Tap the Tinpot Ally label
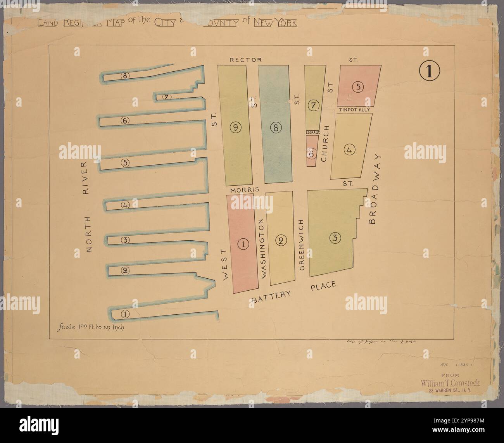click(355, 110)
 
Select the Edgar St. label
click(312, 133)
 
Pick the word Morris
click(242, 190)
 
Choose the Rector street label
click(246, 60)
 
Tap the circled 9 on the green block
click(235, 126)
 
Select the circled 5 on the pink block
click(359, 87)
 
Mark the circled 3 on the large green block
click(335, 238)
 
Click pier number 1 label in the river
click(125, 314)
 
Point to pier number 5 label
click(125, 162)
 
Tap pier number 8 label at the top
click(124, 75)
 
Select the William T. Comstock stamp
click(450, 383)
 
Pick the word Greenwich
click(304, 244)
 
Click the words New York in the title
click(275, 22)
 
